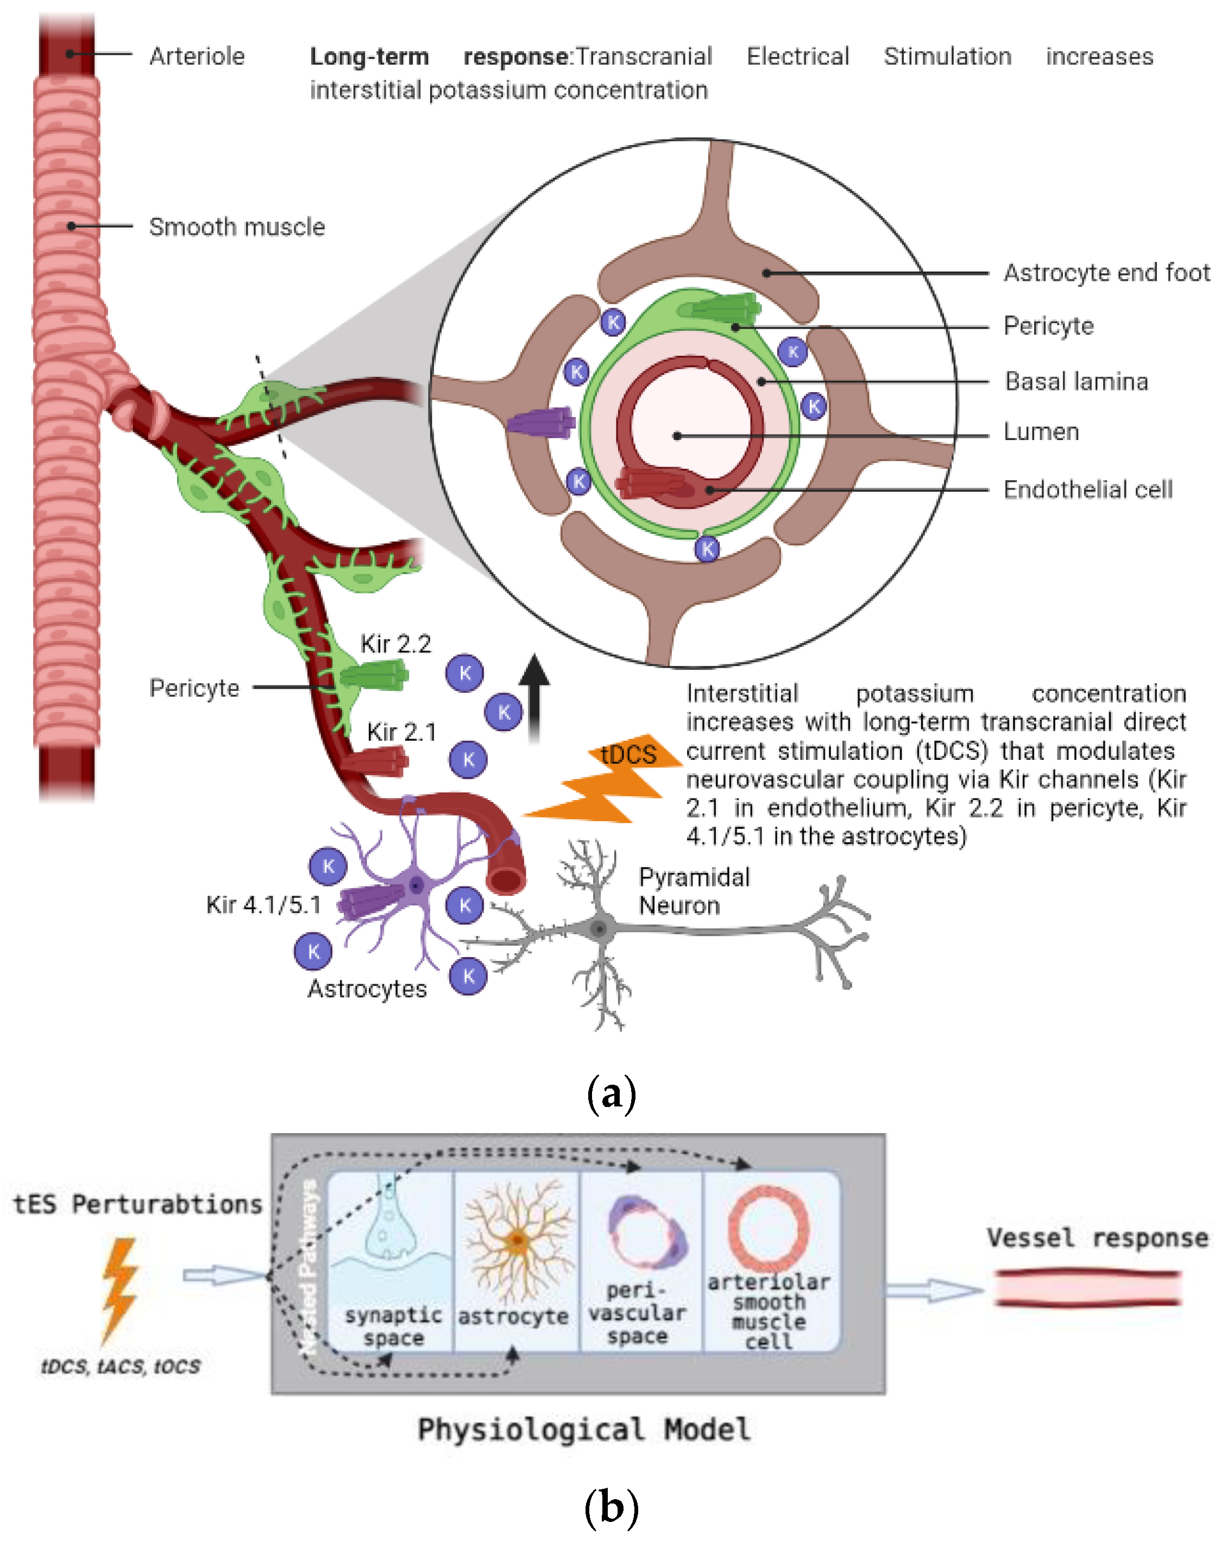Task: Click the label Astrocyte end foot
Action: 1106,272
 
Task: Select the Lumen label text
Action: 1041,432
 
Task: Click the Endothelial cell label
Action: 1087,489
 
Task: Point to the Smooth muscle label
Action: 237,227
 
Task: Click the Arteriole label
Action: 197,56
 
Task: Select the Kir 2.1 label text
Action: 401,732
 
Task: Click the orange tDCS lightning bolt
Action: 608,783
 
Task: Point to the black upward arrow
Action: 534,697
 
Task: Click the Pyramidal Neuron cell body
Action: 600,929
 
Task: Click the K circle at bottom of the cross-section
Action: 707,549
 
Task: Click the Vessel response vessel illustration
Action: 1087,1289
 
